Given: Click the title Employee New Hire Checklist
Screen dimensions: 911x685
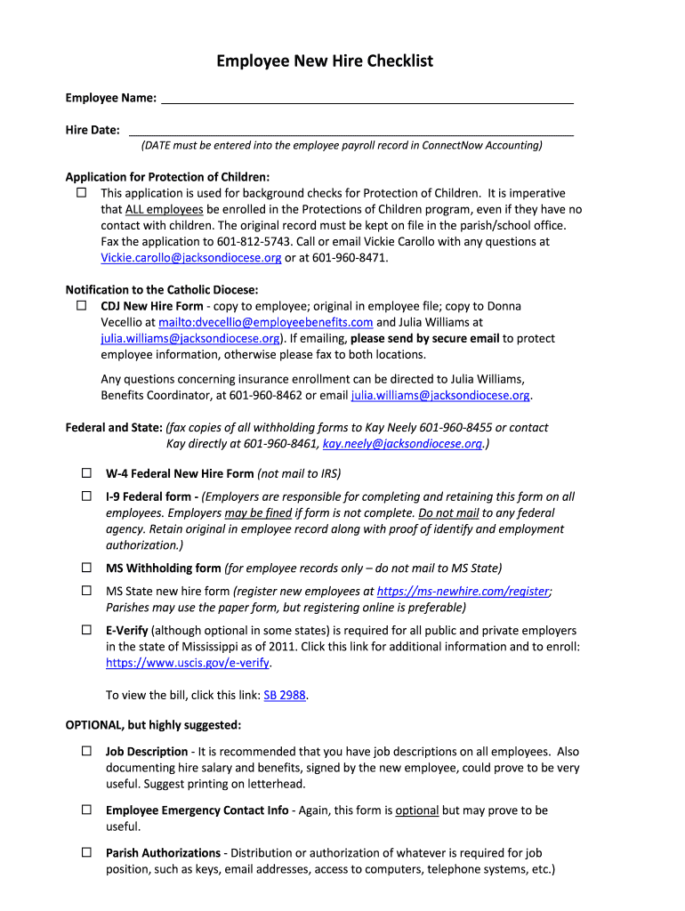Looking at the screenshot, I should coord(325,61).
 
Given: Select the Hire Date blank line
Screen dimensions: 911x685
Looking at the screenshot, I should coord(351,129).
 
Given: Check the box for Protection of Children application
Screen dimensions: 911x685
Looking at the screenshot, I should coord(81,193).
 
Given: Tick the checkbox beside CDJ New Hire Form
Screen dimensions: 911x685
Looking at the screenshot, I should coord(81,306).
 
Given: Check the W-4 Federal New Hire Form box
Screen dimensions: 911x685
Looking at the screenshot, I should coord(87,473).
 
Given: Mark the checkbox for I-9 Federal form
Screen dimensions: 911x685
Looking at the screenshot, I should coord(87,496).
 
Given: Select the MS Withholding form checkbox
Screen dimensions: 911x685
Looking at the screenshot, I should coord(87,568).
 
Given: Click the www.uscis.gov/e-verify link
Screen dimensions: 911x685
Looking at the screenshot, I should coord(188,663).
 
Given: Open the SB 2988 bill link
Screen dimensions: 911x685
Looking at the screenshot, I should coord(286,696).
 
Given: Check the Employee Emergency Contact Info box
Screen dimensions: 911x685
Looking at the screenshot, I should coord(87,810).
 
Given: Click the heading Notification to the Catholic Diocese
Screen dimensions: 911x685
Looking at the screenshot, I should coord(162,289).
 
